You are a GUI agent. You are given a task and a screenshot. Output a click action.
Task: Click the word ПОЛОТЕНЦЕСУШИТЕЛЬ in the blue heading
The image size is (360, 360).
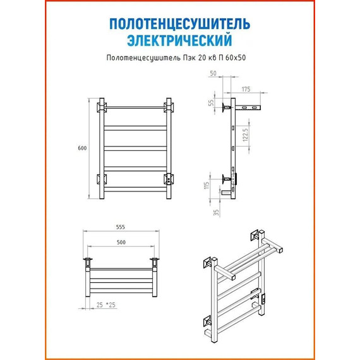[179, 24]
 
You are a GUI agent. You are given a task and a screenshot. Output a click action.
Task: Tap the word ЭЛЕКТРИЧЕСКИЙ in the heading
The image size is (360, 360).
[179, 40]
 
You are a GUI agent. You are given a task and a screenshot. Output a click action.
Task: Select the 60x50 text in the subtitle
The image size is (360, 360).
[236, 57]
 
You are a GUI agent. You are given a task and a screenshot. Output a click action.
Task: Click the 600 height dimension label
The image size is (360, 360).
[82, 148]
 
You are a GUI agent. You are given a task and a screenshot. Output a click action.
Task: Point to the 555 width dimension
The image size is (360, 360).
[121, 227]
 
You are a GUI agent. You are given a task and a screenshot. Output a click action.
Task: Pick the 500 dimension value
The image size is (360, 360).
[121, 243]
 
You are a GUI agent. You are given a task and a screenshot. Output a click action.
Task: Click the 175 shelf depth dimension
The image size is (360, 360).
[246, 89]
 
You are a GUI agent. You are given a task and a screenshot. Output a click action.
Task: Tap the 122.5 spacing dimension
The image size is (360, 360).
[245, 135]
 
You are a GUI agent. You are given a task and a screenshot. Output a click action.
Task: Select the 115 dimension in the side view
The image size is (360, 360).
[207, 186]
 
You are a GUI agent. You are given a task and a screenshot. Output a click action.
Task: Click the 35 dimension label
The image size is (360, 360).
[216, 212]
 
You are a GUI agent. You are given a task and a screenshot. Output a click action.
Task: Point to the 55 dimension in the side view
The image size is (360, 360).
[211, 102]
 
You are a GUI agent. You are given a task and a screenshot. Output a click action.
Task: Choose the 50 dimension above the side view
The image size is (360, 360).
[213, 73]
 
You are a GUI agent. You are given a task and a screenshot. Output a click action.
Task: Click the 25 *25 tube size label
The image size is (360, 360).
[106, 305]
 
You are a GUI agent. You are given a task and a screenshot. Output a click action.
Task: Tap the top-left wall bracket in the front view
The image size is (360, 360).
[101, 107]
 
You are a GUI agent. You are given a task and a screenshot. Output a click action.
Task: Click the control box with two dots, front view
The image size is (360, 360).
[169, 179]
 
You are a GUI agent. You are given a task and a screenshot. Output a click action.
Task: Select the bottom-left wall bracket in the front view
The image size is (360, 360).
[101, 179]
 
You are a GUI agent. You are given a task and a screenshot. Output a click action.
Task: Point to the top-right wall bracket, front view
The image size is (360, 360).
[169, 107]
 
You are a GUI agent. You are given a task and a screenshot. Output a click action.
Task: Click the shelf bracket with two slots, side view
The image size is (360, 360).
[248, 107]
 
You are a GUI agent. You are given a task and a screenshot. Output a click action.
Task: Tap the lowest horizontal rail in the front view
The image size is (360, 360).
[135, 189]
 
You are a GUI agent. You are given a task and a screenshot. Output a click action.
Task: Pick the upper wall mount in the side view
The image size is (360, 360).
[226, 107]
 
